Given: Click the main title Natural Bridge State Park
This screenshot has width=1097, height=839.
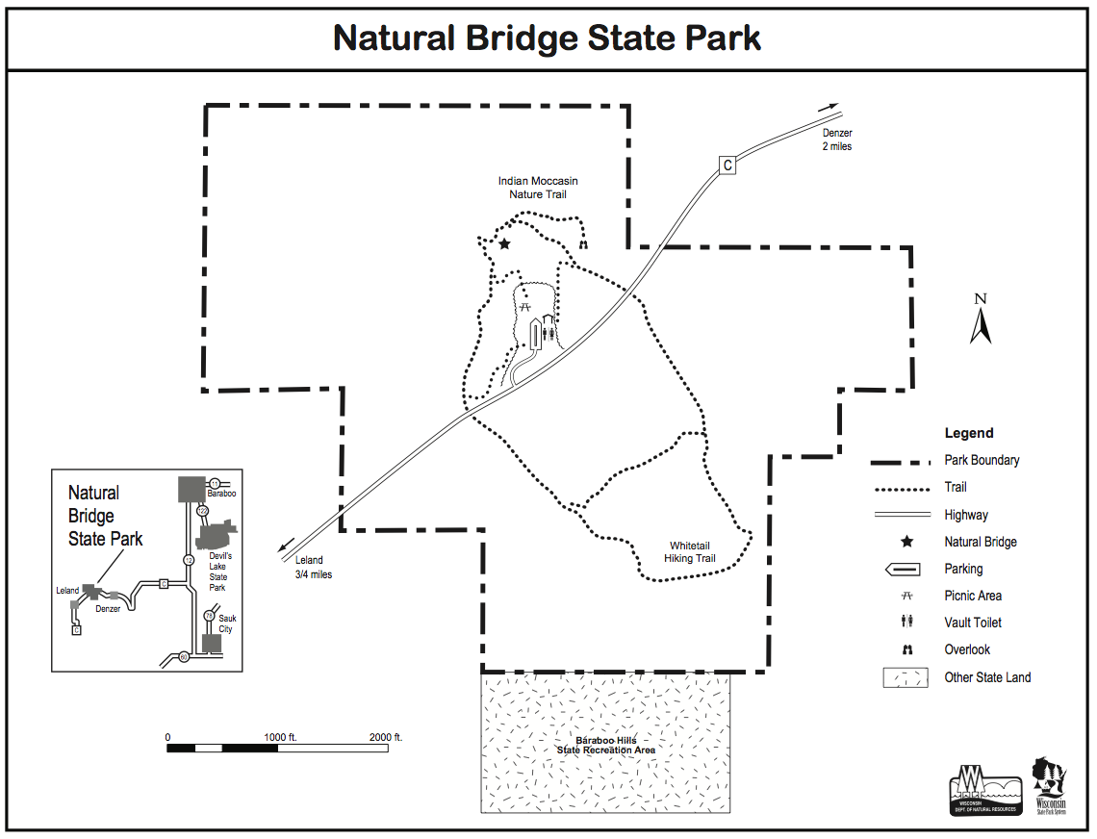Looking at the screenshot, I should point(547,38).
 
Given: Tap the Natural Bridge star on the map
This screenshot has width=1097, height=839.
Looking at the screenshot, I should point(504,243).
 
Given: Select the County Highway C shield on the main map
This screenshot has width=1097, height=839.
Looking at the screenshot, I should point(727,165).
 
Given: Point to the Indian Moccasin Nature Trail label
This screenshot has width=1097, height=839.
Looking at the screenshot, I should point(538,188).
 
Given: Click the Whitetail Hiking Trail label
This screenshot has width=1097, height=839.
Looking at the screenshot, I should point(690,551).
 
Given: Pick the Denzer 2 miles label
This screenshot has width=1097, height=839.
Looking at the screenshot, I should point(836,140).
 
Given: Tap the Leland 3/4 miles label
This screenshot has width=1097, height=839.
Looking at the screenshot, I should point(312,567).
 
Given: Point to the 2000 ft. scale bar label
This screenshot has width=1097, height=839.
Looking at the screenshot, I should point(386,737).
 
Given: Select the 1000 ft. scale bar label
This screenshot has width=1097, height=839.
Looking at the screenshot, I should point(280,737).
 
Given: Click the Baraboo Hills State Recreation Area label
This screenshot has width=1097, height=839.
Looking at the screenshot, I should point(606,745).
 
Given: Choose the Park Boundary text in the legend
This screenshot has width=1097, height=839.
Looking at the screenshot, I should point(982,460).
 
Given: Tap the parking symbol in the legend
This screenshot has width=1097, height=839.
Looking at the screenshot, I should point(906,569).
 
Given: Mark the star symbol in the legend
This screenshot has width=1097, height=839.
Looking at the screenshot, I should point(906,542).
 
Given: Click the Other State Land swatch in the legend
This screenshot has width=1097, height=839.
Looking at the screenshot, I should point(906,677).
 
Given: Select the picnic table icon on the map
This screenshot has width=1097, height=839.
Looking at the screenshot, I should point(526,306).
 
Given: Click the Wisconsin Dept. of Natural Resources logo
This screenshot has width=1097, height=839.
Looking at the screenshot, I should point(984,790).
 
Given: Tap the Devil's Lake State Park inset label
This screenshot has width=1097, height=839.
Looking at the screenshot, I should point(217,572).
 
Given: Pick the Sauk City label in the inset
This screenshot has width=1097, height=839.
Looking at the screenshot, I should point(227,623).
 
